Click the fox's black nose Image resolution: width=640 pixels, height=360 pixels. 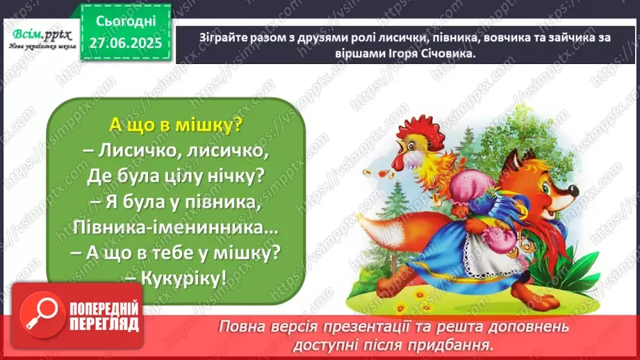tap(575, 190)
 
